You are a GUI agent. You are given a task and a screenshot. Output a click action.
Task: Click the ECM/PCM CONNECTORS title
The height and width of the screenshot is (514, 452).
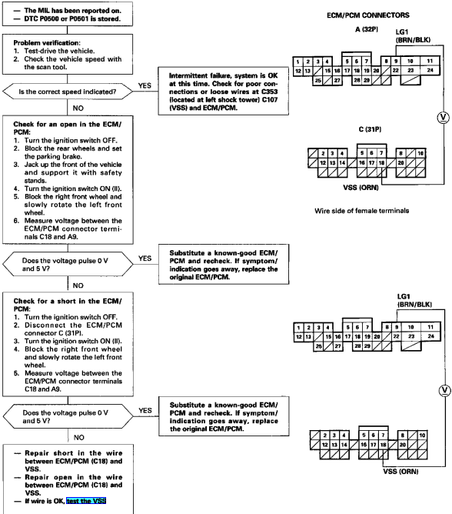click(367, 15)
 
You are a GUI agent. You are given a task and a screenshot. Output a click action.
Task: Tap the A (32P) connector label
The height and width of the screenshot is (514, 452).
click(366, 29)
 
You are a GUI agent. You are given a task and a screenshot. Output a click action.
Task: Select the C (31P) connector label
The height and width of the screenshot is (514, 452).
click(370, 129)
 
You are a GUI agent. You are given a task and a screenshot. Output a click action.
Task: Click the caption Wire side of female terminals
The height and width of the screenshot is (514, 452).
click(361, 211)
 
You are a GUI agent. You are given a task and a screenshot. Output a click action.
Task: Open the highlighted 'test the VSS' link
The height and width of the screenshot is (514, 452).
click(86, 501)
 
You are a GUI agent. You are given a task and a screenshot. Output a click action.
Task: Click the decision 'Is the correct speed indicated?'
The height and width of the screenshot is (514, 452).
click(68, 92)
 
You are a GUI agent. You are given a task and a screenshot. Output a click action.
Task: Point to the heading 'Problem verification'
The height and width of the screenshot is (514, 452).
click(46, 43)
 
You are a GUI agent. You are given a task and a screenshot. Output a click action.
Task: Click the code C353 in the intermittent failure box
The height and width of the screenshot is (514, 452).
click(269, 92)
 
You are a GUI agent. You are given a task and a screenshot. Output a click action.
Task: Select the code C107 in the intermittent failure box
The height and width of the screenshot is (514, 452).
click(270, 100)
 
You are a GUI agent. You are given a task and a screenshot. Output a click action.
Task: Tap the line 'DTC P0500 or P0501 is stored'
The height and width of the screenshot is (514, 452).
click(72, 18)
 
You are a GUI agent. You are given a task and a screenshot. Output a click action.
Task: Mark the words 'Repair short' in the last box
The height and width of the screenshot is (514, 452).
click(48, 453)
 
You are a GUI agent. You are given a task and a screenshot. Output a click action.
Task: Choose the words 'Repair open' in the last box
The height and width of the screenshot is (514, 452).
click(48, 477)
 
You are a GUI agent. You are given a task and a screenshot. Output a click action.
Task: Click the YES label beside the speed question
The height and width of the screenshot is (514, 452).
click(145, 85)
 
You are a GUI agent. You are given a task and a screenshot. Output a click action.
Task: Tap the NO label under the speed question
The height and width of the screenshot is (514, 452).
click(78, 108)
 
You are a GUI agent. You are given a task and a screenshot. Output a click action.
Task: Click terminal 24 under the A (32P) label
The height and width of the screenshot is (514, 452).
click(430, 70)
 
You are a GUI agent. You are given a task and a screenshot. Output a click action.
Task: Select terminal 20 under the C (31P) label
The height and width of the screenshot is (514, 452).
click(400, 162)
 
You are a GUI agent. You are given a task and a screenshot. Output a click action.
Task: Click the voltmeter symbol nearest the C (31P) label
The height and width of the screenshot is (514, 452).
click(443, 118)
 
